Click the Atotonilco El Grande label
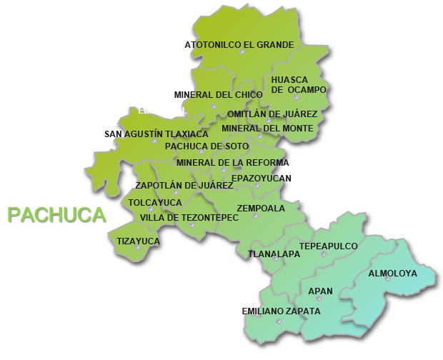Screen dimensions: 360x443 pyautogui.click(x=239, y=44)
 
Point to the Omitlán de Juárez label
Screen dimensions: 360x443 pyautogui.click(x=272, y=114)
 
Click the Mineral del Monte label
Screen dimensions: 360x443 pyautogui.click(x=267, y=128)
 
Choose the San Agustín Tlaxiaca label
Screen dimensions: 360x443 pyautogui.click(x=156, y=134)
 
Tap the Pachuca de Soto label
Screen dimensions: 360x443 pyautogui.click(x=206, y=146)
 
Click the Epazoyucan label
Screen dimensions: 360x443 pyautogui.click(x=261, y=178)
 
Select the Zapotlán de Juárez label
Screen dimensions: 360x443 pyautogui.click(x=184, y=185)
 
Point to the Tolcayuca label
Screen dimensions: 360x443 pyautogui.click(x=155, y=202)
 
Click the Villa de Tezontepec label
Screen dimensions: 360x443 pyautogui.click(x=189, y=217)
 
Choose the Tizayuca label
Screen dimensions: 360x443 pyautogui.click(x=138, y=241)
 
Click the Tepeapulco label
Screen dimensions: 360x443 pyautogui.click(x=328, y=246)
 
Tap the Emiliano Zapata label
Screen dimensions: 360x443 pyautogui.click(x=281, y=311)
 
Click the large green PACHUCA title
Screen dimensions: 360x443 pyautogui.click(x=56, y=214)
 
